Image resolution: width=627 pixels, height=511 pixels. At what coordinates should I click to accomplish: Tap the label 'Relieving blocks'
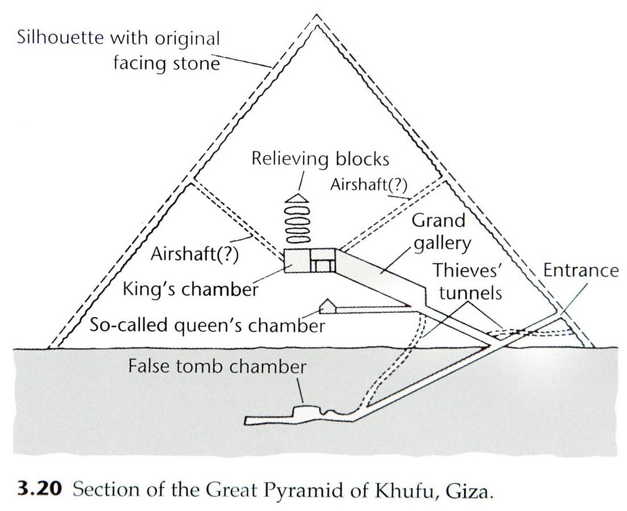320,159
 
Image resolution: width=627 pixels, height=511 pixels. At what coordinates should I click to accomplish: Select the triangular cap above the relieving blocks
297,198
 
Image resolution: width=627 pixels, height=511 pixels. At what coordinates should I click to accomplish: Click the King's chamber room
296,261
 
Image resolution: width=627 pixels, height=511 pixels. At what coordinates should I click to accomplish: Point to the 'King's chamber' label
190,288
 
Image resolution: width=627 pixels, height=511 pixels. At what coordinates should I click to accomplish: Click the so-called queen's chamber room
329,306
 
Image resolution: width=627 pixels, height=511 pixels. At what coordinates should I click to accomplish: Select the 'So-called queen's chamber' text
207,325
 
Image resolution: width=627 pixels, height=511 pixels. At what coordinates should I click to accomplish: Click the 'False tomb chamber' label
217,366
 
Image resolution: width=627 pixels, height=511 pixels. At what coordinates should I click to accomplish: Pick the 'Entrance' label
580,270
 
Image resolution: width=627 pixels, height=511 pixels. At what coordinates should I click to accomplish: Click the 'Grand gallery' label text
441,232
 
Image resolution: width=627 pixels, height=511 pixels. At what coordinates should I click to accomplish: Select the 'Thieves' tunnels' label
468,281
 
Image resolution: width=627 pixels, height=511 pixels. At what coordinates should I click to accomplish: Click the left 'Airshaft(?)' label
194,254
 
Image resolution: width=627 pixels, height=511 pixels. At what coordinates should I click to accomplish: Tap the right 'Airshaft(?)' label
368,185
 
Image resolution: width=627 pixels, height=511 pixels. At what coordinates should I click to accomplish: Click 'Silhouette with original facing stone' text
118,51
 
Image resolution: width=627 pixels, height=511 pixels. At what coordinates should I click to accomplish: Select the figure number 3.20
40,489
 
